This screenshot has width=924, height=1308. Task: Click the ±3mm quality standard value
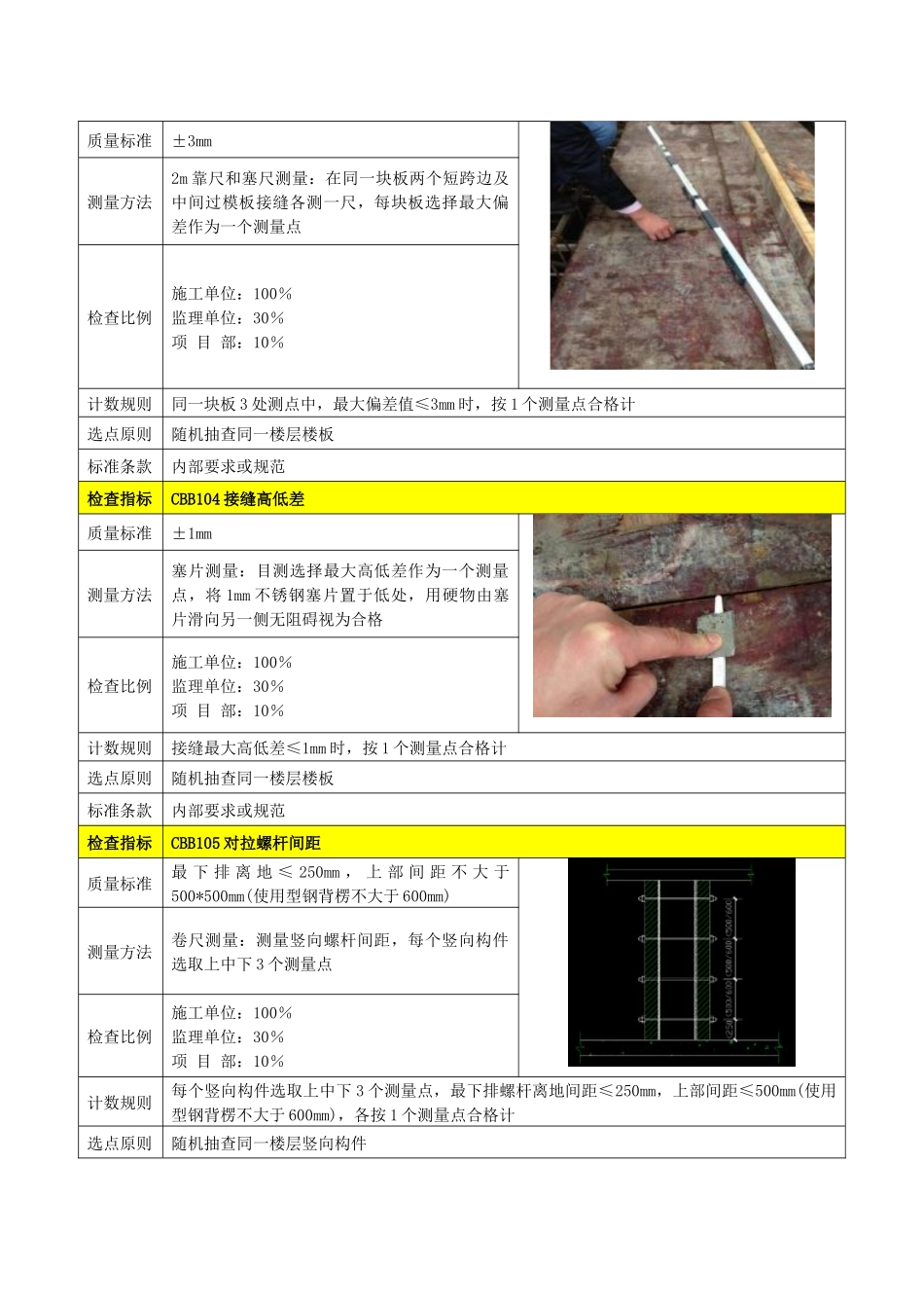coord(192,141)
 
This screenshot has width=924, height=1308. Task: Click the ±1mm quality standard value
coord(192,533)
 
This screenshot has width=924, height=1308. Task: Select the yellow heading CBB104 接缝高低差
coord(237,499)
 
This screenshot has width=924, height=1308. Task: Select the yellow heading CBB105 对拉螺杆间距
coord(245,843)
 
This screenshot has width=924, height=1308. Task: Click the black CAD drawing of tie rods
coord(681,963)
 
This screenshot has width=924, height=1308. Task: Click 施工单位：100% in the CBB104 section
coord(231,662)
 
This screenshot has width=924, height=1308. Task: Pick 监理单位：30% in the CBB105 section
coord(228,1036)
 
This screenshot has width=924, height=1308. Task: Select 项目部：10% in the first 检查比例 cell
coord(228,343)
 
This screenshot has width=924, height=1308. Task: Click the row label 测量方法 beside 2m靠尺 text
coord(120,202)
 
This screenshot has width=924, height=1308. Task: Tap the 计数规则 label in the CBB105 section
coord(120,1103)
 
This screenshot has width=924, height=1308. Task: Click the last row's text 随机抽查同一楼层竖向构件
coord(268,1144)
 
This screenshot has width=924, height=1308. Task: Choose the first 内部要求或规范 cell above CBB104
coord(228,466)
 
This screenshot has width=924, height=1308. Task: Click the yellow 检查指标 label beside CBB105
coord(120,843)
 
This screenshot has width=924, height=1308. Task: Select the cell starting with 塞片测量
coord(339,595)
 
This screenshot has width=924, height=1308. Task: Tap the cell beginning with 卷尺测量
coord(339,952)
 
